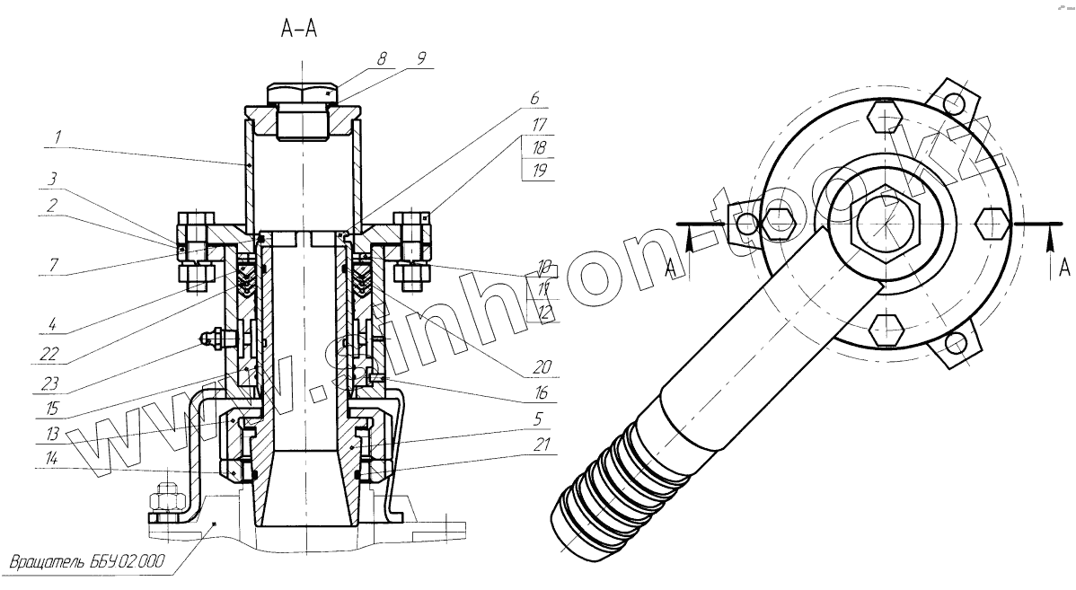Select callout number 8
[382, 59]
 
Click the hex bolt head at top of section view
[302, 93]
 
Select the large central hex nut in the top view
[884, 222]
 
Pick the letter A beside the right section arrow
[1063, 269]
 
